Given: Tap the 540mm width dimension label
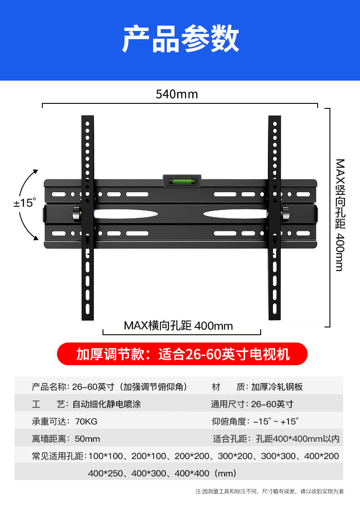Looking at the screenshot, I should click(x=177, y=94).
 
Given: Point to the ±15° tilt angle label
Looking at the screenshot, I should click(x=24, y=203).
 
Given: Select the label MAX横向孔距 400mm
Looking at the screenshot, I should click(x=178, y=326).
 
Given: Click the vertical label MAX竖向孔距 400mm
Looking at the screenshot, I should click(x=339, y=214).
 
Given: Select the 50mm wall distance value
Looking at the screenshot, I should click(x=87, y=439).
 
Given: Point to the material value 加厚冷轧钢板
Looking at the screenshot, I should click(x=277, y=387).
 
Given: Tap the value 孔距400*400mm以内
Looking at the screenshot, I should click(x=298, y=439).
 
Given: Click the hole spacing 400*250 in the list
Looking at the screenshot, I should click(x=106, y=473).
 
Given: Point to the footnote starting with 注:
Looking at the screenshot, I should click(x=269, y=491).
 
